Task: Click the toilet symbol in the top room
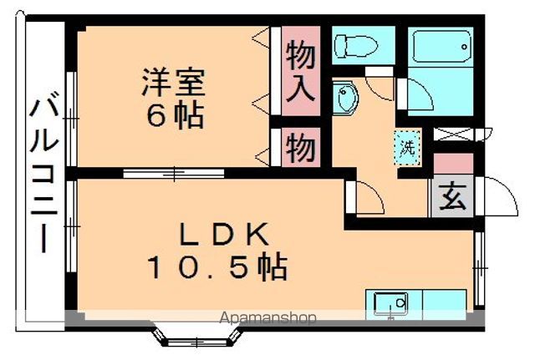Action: [x=351, y=43]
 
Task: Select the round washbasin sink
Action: [x=346, y=99]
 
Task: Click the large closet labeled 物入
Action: [x=302, y=72]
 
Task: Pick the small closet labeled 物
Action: [x=301, y=149]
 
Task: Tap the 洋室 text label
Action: [x=173, y=84]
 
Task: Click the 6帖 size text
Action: [x=173, y=116]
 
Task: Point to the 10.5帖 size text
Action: [x=217, y=268]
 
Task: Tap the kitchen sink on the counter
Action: [x=389, y=302]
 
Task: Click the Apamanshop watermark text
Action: [x=267, y=317]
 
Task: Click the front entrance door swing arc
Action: [x=497, y=198]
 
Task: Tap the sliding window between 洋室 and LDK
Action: [x=174, y=173]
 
